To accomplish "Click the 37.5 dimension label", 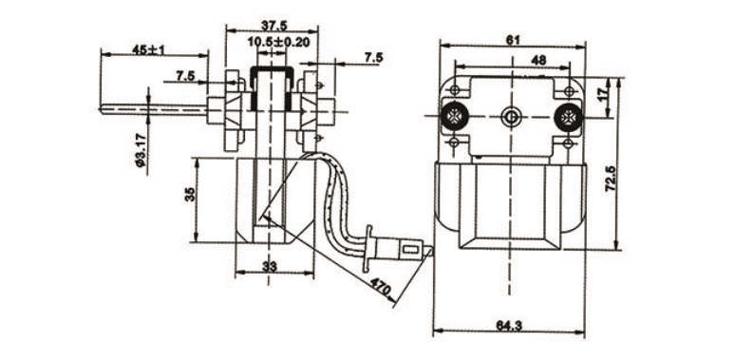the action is [274, 26].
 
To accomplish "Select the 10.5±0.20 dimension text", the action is [278, 42].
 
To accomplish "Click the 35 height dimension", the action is [189, 194].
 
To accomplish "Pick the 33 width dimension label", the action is [269, 267].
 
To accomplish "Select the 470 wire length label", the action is [380, 287].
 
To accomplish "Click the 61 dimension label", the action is [514, 41].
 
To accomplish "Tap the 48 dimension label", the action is [538, 60].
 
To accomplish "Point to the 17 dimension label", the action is [604, 92].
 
